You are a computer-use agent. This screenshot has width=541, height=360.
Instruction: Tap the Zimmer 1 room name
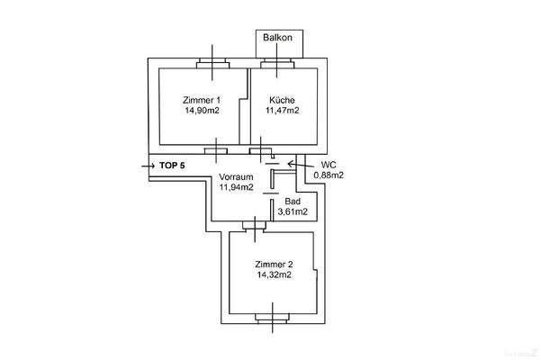point(201,99)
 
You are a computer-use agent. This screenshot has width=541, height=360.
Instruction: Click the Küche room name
point(282,99)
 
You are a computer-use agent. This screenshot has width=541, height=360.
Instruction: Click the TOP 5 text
point(172,166)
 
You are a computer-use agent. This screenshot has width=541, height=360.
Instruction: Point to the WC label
point(329,166)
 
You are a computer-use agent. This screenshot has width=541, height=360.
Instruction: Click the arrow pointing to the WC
point(294,164)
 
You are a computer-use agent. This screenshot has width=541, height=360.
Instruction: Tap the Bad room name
point(293,202)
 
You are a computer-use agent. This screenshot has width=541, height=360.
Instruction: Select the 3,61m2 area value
point(293,212)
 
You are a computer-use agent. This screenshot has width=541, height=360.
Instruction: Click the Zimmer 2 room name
point(273,264)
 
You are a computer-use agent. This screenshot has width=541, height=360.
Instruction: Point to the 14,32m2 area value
point(273,274)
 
